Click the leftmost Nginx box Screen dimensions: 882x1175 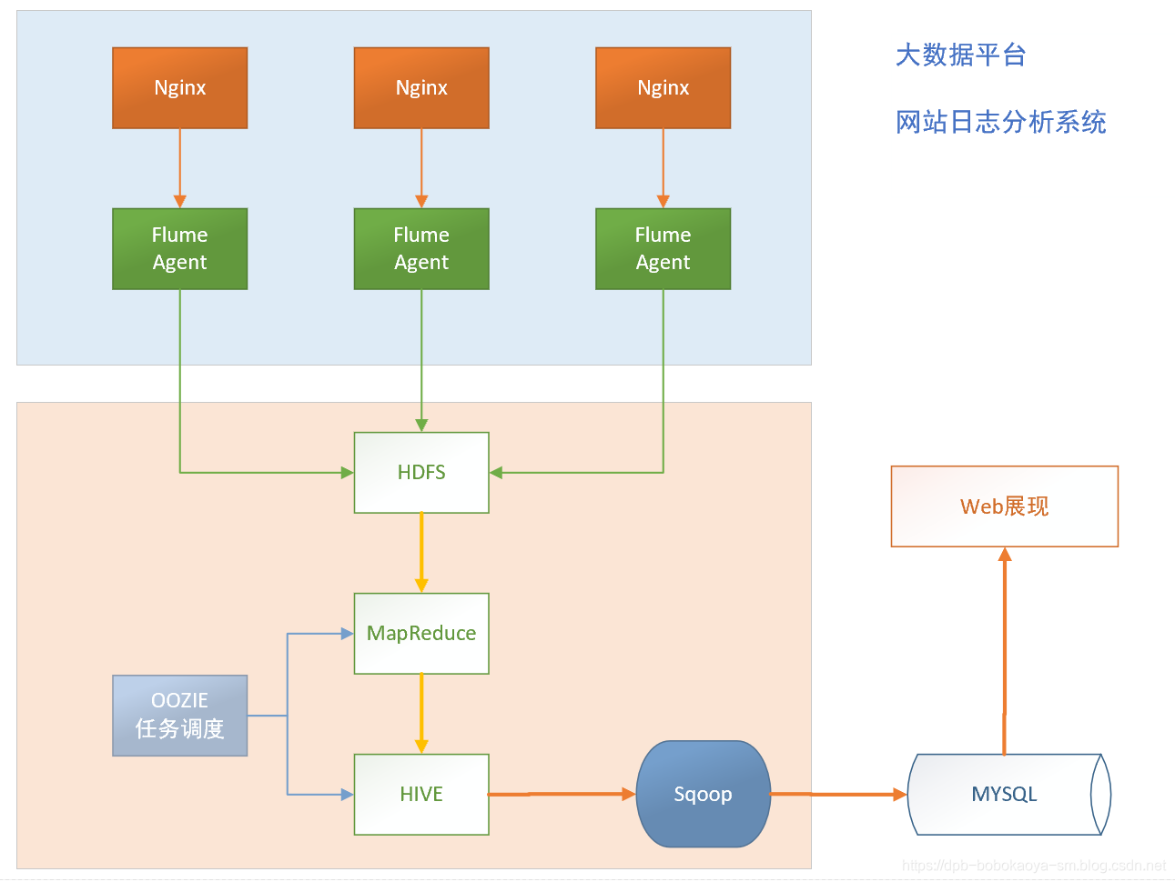(179, 88)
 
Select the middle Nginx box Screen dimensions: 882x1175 (421, 88)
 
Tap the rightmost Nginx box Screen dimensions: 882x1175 (663, 88)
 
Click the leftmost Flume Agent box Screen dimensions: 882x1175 (179, 249)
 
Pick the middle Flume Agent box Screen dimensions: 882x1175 (421, 249)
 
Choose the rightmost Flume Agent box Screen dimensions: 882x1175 (663, 249)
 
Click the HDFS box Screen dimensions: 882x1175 (421, 473)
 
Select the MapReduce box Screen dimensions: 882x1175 (421, 634)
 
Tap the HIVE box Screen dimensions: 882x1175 (421, 795)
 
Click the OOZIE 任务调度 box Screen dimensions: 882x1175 (179, 716)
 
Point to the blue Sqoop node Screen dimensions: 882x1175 (703, 795)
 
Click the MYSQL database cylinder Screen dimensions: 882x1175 (1005, 795)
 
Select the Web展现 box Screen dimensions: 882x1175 (1004, 506)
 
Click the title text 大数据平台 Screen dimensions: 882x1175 (960, 55)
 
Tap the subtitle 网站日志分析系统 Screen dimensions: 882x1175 (1000, 122)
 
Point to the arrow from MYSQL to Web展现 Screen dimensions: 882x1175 (1005, 650)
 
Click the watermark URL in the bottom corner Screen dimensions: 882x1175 (1033, 866)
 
